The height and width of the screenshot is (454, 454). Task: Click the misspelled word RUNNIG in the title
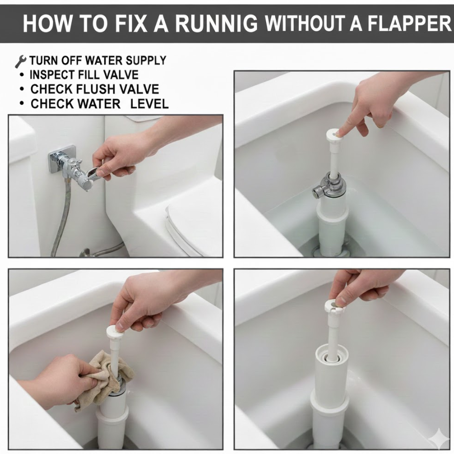point(216,23)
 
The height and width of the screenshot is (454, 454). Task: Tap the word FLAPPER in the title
point(410,23)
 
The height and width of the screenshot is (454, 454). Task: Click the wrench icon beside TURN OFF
point(21,61)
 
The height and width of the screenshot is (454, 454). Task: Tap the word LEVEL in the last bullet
point(149,104)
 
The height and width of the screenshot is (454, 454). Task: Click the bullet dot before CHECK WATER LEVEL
point(22,103)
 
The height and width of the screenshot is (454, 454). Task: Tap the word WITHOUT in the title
point(305,23)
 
